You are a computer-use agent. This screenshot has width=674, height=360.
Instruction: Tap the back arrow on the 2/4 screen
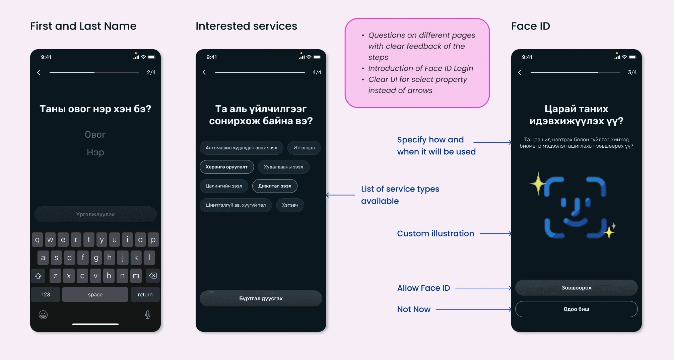(x=39, y=72)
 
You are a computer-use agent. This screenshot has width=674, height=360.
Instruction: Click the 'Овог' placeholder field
(x=95, y=135)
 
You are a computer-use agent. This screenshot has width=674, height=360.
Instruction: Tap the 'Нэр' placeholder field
(x=95, y=152)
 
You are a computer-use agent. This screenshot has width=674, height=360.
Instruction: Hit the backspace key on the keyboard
(x=153, y=276)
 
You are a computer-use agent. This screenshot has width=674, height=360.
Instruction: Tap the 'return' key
(x=145, y=295)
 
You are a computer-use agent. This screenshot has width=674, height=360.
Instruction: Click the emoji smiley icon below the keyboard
(x=43, y=315)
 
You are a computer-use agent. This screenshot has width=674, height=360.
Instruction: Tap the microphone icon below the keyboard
(x=148, y=315)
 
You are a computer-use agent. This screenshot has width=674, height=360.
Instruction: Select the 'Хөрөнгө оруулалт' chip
(x=226, y=167)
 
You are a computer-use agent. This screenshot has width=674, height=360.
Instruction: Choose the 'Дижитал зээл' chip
(x=275, y=186)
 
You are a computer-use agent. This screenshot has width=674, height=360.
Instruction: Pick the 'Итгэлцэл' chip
(x=304, y=148)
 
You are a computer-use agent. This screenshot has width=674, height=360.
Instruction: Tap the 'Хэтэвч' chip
(x=290, y=205)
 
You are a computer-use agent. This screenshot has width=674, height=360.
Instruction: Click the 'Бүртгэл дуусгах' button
(x=261, y=298)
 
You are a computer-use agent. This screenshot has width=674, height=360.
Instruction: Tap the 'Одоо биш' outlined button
(x=576, y=309)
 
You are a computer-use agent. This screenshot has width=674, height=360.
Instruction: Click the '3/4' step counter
(x=632, y=72)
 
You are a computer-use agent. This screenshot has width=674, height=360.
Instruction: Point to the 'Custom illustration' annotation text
(x=435, y=233)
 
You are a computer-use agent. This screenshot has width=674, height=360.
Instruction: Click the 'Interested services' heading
(x=246, y=26)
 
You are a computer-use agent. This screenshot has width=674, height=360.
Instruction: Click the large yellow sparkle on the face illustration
(x=538, y=184)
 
